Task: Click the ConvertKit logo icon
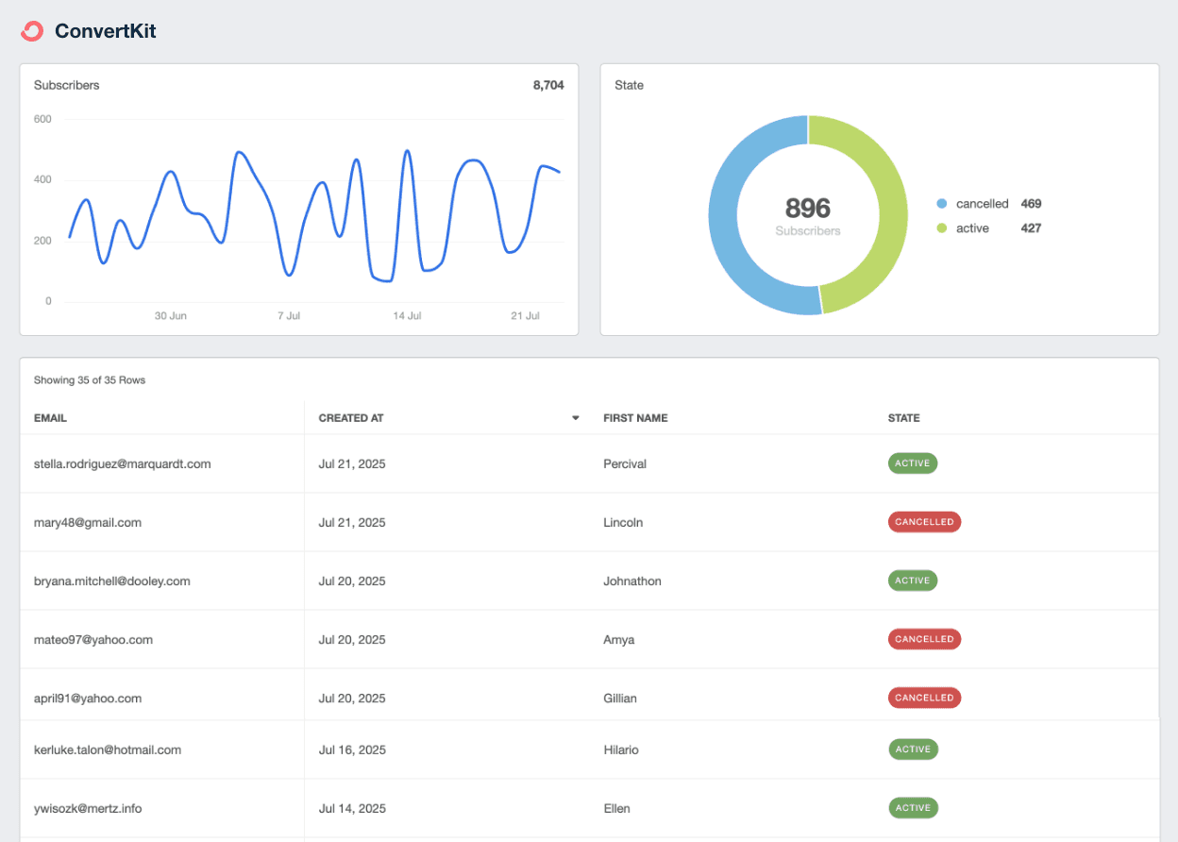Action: (x=32, y=31)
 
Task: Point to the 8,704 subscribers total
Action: (x=547, y=85)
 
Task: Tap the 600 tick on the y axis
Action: (x=42, y=119)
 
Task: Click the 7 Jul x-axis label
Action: (x=289, y=315)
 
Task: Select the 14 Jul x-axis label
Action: (x=407, y=315)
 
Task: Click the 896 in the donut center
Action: (x=807, y=208)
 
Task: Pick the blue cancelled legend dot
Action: (x=941, y=204)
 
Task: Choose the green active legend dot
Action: (x=941, y=228)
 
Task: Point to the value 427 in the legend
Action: (x=1031, y=228)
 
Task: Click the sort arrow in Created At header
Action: (x=575, y=418)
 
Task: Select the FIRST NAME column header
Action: (x=635, y=418)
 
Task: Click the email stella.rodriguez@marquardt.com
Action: (x=122, y=463)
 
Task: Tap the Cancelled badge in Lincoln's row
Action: (x=924, y=522)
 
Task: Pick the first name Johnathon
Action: (x=631, y=581)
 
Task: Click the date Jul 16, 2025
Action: (x=351, y=749)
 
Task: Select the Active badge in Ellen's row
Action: (x=913, y=808)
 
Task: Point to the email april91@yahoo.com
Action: (x=87, y=699)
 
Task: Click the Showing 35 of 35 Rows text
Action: (x=90, y=380)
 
